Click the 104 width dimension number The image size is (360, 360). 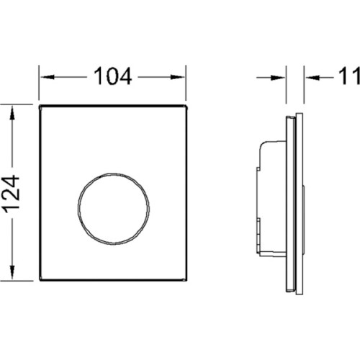pyautogui.click(x=112, y=76)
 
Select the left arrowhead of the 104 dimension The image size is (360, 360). pyautogui.click(x=47, y=77)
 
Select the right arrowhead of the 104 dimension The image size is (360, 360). pyautogui.click(x=178, y=77)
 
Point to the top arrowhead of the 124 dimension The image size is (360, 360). pyautogui.click(x=12, y=114)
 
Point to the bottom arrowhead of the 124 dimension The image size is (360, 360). pyautogui.click(x=12, y=271)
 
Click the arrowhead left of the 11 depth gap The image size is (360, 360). pyautogui.click(x=278, y=78)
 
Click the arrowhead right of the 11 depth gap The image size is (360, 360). pyautogui.click(x=312, y=78)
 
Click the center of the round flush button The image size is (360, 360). pyautogui.click(x=114, y=209)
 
